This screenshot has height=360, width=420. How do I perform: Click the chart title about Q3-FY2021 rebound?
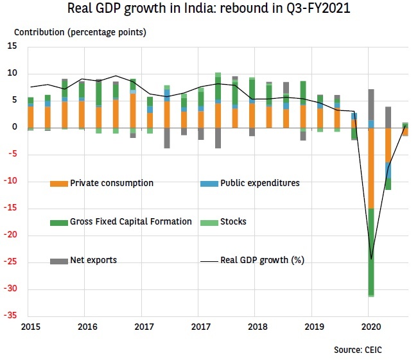pyautogui.click(x=210, y=10)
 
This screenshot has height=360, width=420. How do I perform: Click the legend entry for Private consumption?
pyautogui.click(x=112, y=184)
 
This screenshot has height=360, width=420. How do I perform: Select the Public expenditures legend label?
pyautogui.click(x=259, y=184)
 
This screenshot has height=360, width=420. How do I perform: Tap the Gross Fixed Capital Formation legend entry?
pyautogui.click(x=131, y=222)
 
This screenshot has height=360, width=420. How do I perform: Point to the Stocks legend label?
pyautogui.click(x=234, y=222)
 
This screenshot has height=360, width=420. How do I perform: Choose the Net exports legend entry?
pyautogui.click(x=94, y=261)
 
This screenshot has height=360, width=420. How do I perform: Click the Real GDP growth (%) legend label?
pyautogui.click(x=262, y=261)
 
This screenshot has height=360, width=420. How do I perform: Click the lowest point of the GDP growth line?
pyautogui.click(x=371, y=259)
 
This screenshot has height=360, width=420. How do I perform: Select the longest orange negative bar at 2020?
pyautogui.click(x=371, y=168)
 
